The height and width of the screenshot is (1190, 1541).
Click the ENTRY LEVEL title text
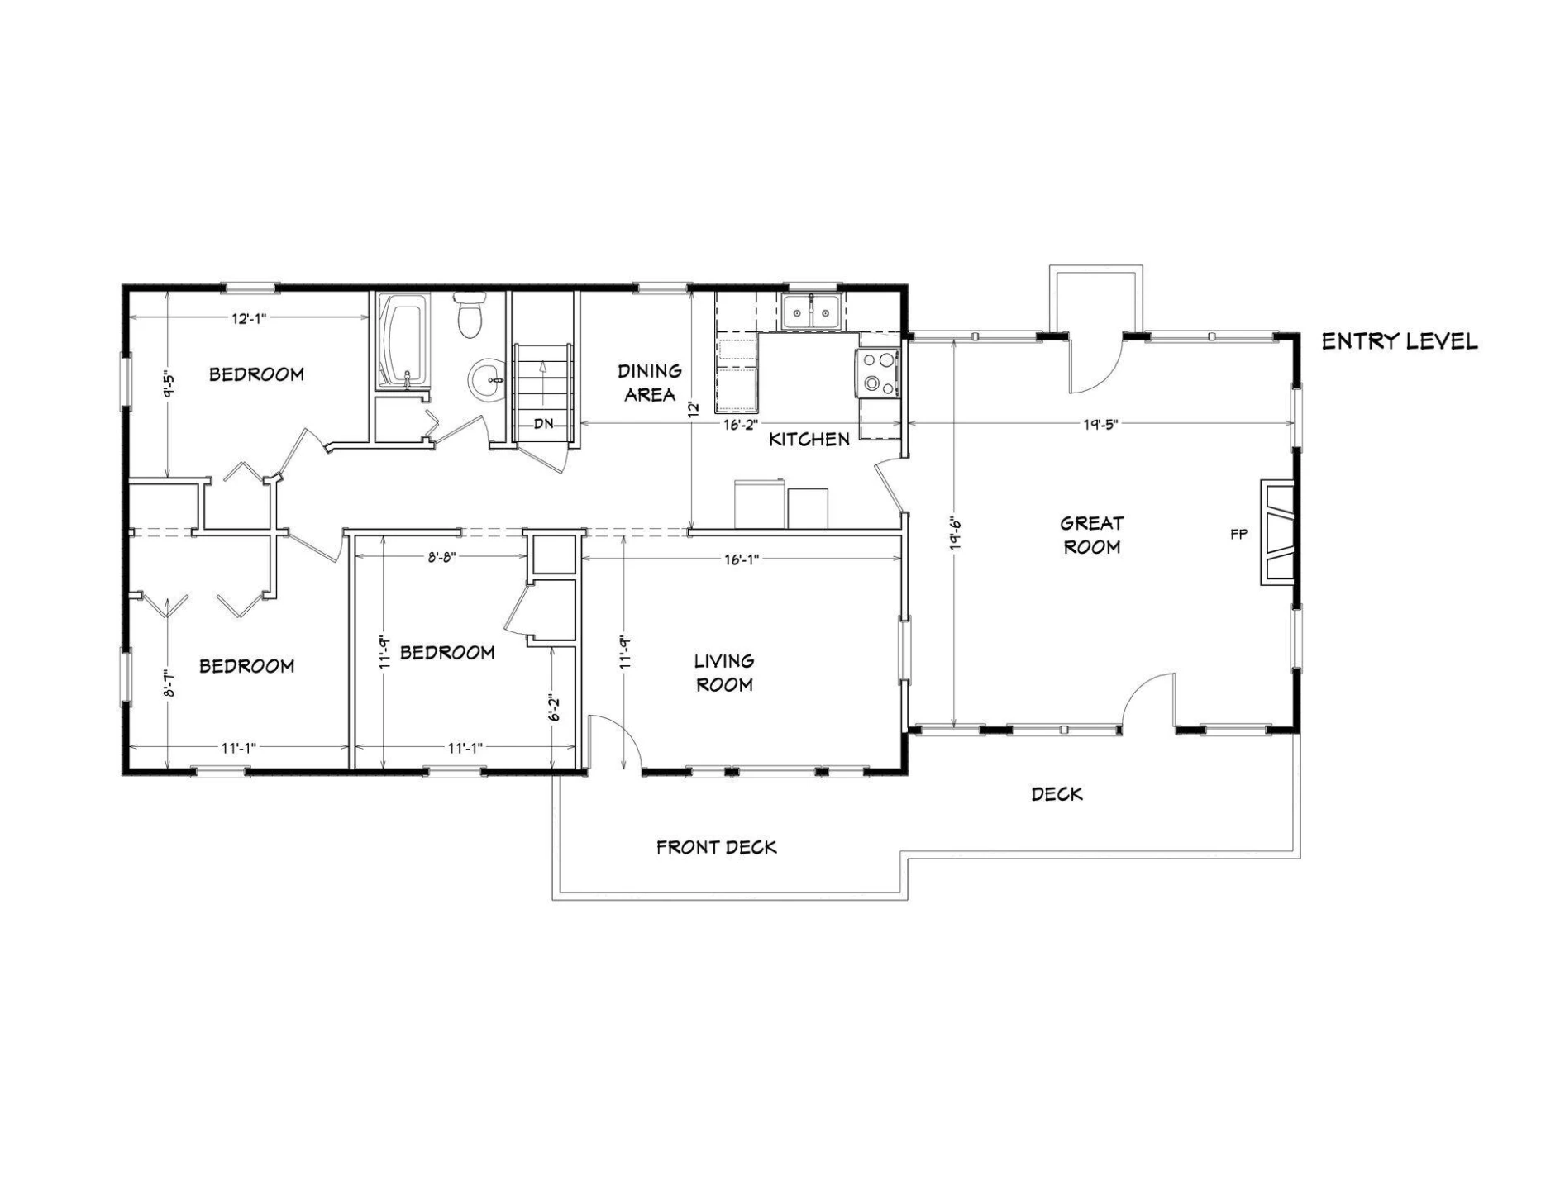(x=1399, y=341)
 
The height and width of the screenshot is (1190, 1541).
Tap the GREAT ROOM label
(x=1091, y=535)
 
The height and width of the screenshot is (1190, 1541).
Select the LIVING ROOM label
(x=724, y=673)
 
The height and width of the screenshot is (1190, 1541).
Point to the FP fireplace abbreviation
(x=1238, y=535)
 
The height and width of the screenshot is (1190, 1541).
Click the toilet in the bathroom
(x=470, y=315)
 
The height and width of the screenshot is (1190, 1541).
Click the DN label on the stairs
(x=543, y=424)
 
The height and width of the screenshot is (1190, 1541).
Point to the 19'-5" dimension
(x=1100, y=425)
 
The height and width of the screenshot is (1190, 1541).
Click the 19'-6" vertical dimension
(x=955, y=534)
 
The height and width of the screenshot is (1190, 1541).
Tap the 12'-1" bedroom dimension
(x=247, y=318)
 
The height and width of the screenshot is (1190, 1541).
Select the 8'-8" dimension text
(x=441, y=558)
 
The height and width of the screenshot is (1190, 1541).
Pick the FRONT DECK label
(x=717, y=847)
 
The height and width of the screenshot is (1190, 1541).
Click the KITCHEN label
(x=809, y=440)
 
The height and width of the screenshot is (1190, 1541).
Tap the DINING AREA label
(x=651, y=383)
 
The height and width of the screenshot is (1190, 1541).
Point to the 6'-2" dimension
(x=555, y=707)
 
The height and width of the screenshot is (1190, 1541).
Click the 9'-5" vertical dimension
(x=168, y=383)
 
